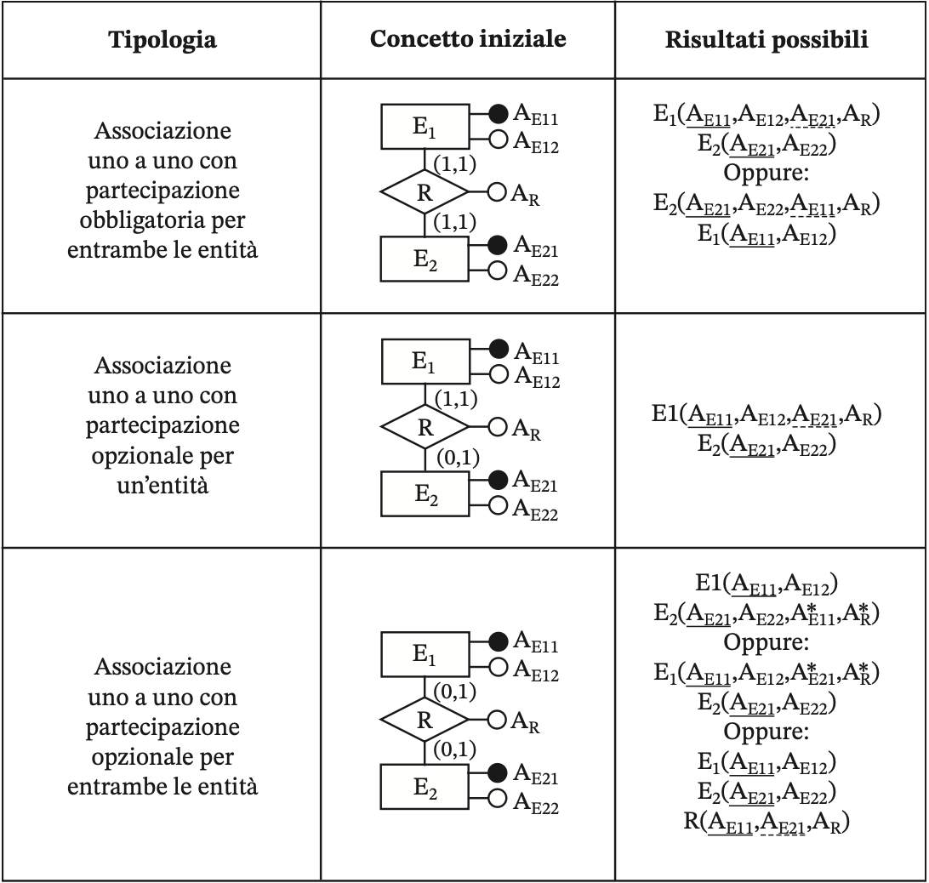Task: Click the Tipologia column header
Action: [x=162, y=40]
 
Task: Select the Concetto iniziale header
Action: [x=468, y=38]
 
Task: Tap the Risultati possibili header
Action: [x=767, y=40]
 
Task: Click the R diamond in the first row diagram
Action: [x=425, y=192]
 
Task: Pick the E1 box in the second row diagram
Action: [x=425, y=362]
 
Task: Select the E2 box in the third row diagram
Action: [x=425, y=787]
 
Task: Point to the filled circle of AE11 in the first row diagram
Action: [x=499, y=112]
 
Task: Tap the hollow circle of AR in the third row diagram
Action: [x=497, y=720]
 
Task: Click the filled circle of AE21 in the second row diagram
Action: [x=498, y=480]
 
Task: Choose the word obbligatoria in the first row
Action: [x=162, y=220]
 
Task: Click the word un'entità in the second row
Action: [x=162, y=486]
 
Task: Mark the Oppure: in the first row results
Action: [x=766, y=173]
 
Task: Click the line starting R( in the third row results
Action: [x=767, y=823]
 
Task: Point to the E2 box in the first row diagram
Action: [x=425, y=259]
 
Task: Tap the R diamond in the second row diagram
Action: [x=425, y=427]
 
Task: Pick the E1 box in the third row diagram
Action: [x=425, y=654]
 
